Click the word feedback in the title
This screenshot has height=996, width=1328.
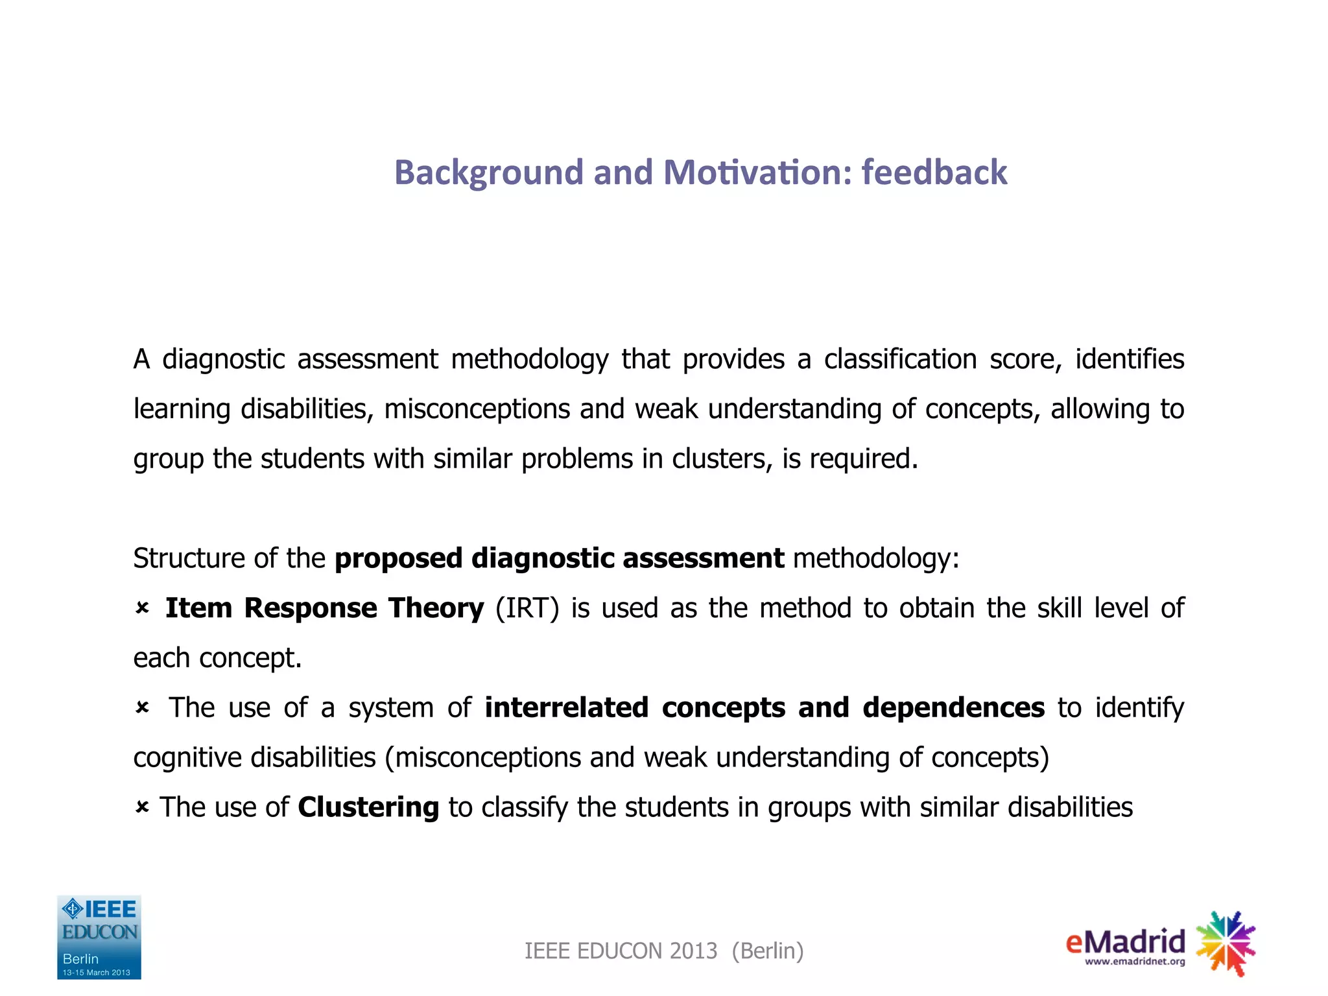click(x=934, y=172)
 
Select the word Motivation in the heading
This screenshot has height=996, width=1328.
click(x=757, y=172)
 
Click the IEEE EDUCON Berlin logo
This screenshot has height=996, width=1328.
click(x=99, y=937)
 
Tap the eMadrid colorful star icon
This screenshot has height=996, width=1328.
click(x=1225, y=943)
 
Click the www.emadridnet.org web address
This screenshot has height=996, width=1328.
click(x=1134, y=962)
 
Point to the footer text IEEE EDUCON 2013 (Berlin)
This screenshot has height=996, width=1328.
click(x=664, y=951)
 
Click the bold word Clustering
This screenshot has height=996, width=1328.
click(x=368, y=807)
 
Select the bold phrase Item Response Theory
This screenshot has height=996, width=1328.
click(x=324, y=608)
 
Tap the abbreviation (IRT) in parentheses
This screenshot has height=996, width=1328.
click(x=527, y=608)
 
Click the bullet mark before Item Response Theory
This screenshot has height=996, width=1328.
click(x=142, y=608)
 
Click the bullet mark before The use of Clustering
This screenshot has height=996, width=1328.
click(x=142, y=807)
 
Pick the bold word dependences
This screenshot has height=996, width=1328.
click(x=953, y=707)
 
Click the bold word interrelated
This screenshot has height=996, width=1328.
click(x=566, y=707)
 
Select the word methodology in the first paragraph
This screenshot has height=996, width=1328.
click(x=530, y=359)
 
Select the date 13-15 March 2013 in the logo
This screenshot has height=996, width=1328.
click(x=97, y=972)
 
